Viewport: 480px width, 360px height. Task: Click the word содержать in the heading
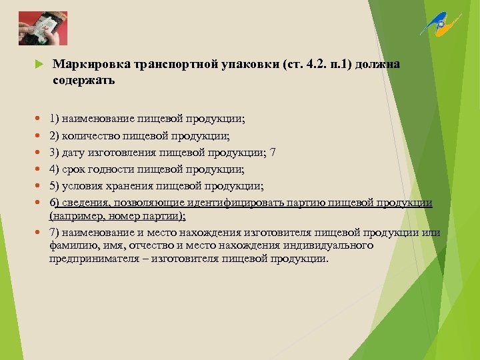point(84,81)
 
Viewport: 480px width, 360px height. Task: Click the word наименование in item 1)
point(98,119)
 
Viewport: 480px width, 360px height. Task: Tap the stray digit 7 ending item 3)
point(272,153)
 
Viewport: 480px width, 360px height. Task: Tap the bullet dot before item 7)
point(37,232)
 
